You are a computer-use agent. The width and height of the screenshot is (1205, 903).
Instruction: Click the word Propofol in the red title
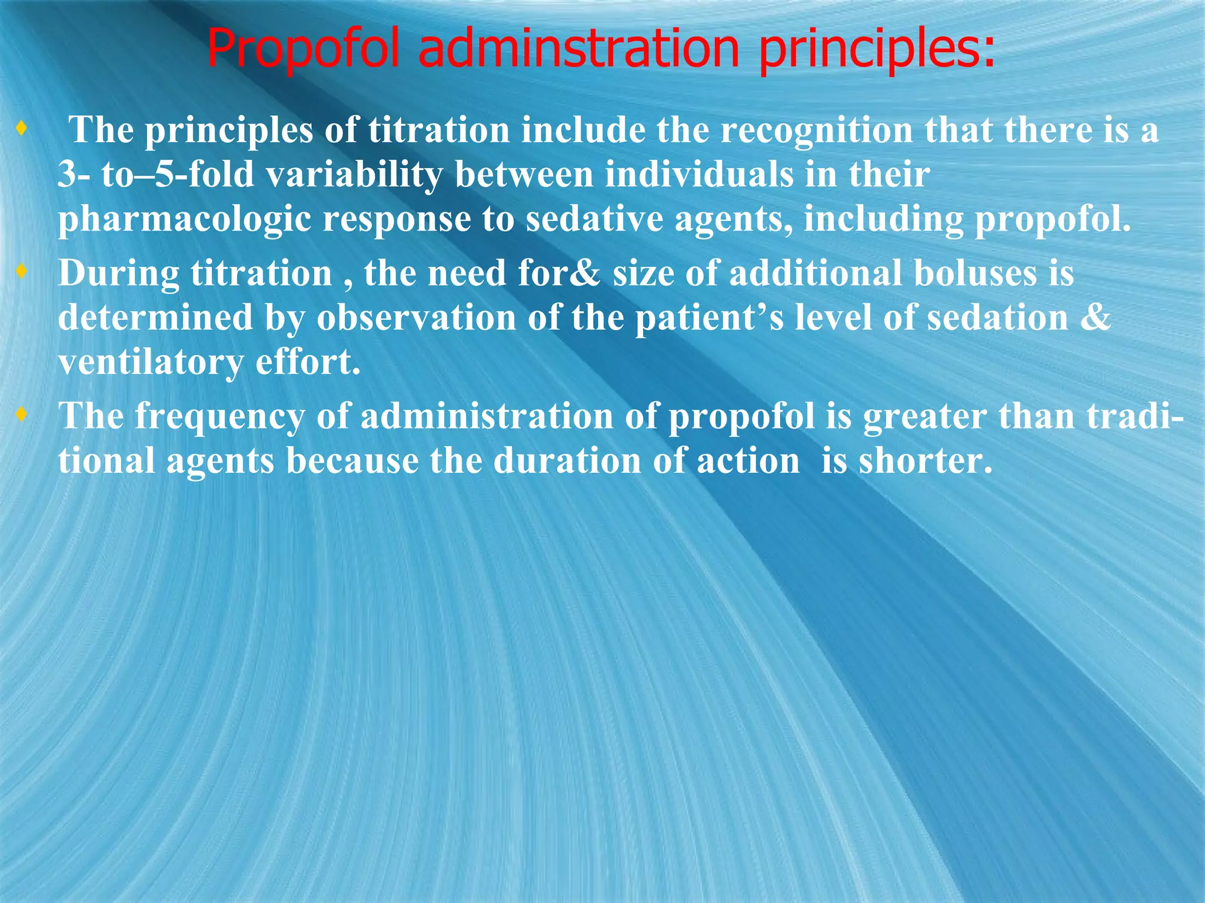click(x=305, y=49)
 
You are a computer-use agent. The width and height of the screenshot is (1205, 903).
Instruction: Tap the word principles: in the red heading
click(x=877, y=49)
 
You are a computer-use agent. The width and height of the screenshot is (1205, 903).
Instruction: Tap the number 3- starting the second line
click(x=74, y=175)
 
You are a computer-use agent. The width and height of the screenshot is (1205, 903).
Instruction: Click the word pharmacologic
click(x=184, y=220)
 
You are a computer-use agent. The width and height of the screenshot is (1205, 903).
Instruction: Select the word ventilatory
click(x=151, y=363)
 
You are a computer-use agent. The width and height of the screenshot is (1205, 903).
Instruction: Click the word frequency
click(x=219, y=417)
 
